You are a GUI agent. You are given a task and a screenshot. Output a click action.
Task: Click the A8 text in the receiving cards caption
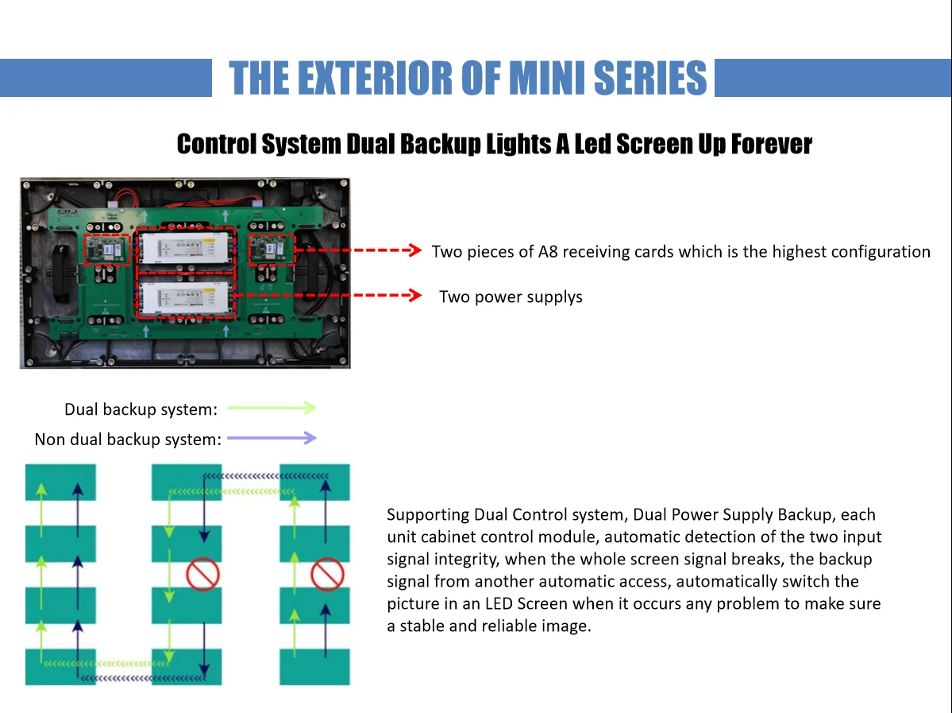click(549, 252)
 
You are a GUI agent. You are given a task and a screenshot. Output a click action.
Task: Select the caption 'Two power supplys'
click(511, 297)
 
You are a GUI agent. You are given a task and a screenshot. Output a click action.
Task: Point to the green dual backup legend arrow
click(272, 408)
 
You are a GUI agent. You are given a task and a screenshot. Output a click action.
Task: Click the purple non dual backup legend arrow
click(272, 438)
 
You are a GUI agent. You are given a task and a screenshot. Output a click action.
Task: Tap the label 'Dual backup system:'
click(141, 410)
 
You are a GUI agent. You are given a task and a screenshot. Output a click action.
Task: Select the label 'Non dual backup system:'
click(128, 440)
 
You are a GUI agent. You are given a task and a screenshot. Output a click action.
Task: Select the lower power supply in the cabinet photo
click(186, 296)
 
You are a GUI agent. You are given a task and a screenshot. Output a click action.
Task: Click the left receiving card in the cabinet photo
click(107, 250)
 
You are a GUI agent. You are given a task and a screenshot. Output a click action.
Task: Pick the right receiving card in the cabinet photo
click(272, 250)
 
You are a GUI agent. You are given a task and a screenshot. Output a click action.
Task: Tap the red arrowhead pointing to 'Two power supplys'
click(413, 296)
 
